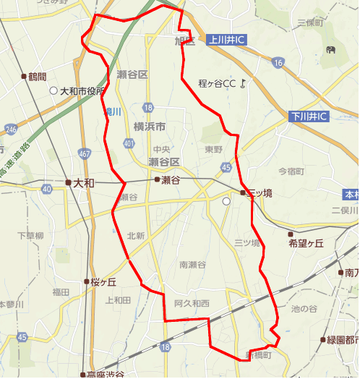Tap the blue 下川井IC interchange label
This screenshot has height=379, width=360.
(x=309, y=116)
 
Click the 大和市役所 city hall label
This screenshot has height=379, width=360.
(x=82, y=92)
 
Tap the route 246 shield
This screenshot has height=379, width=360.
(x=10, y=129)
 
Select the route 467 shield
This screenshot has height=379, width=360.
(x=85, y=154)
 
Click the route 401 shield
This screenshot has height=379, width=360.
(x=129, y=144)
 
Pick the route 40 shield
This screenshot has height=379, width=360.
(x=46, y=189)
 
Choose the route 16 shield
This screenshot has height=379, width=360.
(x=278, y=64)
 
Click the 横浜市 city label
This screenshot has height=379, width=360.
(x=150, y=127)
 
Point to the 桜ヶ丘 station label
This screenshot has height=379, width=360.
(x=103, y=282)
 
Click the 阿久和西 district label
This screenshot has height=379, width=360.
(x=192, y=303)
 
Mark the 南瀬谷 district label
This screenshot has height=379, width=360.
(x=192, y=264)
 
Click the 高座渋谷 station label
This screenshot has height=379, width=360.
(x=105, y=375)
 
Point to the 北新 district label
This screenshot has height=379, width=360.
(x=136, y=236)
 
